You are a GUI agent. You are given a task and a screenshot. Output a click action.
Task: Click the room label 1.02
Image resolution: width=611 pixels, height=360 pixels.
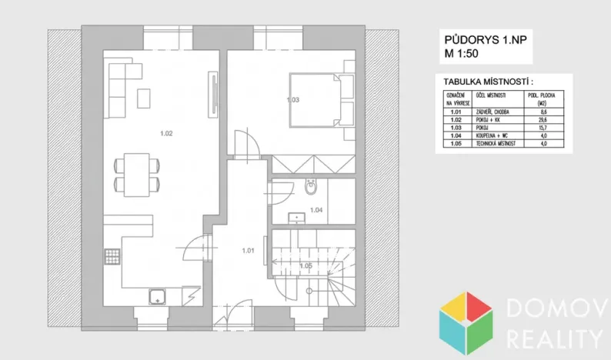pyautogui.click(x=166, y=134)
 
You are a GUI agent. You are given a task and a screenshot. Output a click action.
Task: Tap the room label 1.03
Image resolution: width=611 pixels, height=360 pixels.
pyautogui.click(x=292, y=99)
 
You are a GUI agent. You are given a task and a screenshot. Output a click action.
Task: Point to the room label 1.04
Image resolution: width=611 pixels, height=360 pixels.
pyautogui.click(x=316, y=209)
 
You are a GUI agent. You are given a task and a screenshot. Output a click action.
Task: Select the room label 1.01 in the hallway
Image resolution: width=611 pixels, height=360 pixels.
pyautogui.click(x=248, y=249)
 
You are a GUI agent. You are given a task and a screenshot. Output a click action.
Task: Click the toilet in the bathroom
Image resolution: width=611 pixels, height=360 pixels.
pyautogui.click(x=311, y=187)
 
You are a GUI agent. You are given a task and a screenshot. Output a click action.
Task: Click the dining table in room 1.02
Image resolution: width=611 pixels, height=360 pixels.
pyautogui.click(x=136, y=174)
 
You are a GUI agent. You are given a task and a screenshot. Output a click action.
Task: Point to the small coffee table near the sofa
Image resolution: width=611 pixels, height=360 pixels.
pyautogui.click(x=143, y=98)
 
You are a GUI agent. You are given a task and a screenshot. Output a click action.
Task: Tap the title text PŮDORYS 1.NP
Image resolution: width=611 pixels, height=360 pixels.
pyautogui.click(x=476, y=39)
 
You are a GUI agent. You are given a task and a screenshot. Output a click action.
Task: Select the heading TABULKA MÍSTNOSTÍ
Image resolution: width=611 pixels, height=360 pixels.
pyautogui.click(x=488, y=81)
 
